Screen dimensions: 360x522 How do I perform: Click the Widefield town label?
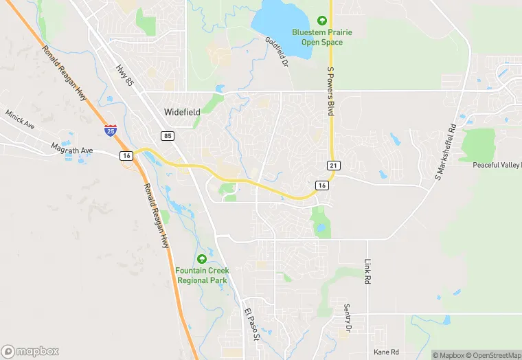(181, 111)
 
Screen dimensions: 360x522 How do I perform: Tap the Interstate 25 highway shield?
(111, 130)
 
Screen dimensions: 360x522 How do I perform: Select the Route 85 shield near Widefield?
(168, 136)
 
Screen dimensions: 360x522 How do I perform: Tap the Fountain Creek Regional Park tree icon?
(202, 259)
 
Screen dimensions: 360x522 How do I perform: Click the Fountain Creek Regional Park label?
(203, 275)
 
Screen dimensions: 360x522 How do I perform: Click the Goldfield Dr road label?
(276, 52)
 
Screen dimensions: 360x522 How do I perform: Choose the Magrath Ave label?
(71, 148)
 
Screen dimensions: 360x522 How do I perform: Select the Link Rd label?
(367, 271)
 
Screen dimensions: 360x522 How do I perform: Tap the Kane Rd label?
(385, 352)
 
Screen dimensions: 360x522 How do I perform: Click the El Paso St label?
(251, 325)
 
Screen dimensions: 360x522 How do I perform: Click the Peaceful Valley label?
(497, 166)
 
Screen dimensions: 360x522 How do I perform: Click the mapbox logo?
(31, 351)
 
